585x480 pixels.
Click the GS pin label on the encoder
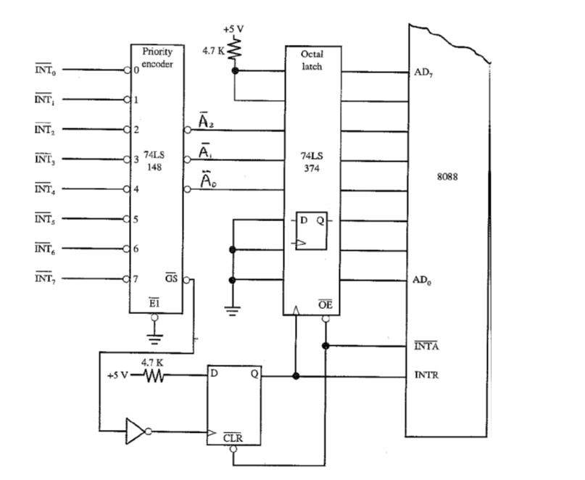(171, 278)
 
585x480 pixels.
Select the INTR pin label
(425, 376)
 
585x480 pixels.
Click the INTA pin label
(425, 347)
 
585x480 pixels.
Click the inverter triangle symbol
(136, 431)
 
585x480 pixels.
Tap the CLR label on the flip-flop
(233, 436)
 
